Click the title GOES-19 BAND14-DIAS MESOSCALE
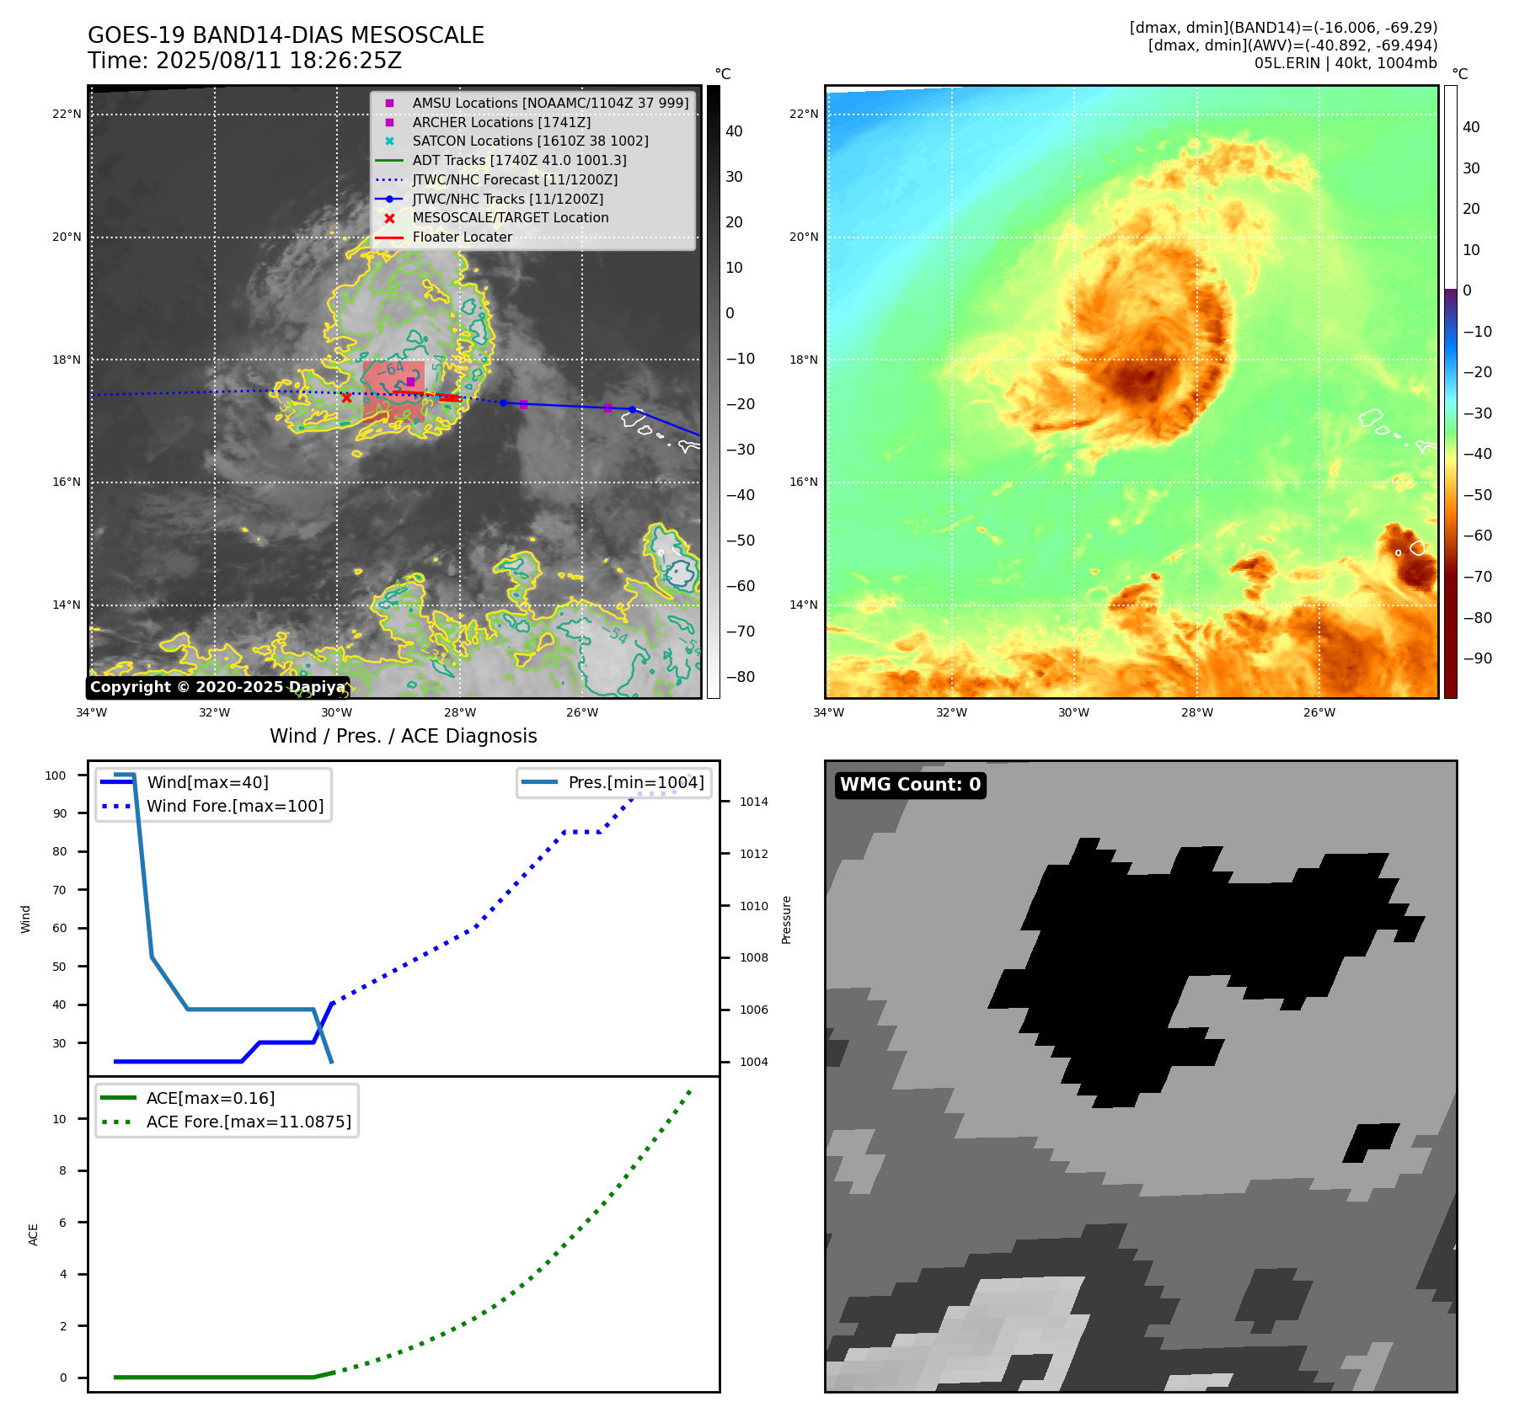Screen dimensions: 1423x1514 [286, 35]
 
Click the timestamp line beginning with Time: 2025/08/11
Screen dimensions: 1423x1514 [244, 61]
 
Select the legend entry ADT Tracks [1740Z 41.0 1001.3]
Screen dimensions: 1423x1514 [519, 160]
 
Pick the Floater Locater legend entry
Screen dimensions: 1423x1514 [462, 237]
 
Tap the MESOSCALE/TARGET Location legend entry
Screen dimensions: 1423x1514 [510, 217]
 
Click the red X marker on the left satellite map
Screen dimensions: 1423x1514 [346, 397]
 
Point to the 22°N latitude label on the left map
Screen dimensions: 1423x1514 [67, 115]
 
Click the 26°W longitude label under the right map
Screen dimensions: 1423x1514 [1319, 712]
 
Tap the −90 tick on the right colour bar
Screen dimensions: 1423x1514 [1477, 658]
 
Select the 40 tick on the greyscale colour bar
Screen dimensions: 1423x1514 [734, 131]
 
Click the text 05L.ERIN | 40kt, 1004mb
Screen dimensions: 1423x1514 [1345, 63]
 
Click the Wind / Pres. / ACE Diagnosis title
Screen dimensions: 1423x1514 [403, 736]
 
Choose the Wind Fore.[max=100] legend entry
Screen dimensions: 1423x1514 [235, 806]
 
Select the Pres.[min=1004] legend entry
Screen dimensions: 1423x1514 [635, 782]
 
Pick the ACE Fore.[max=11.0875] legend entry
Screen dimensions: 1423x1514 [249, 1122]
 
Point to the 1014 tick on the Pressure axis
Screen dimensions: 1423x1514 [754, 802]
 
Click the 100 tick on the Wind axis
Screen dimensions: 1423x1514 [56, 775]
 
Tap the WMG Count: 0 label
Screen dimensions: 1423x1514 [910, 785]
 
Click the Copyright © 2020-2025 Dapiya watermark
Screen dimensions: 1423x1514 [217, 687]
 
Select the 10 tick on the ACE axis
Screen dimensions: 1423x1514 [60, 1119]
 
